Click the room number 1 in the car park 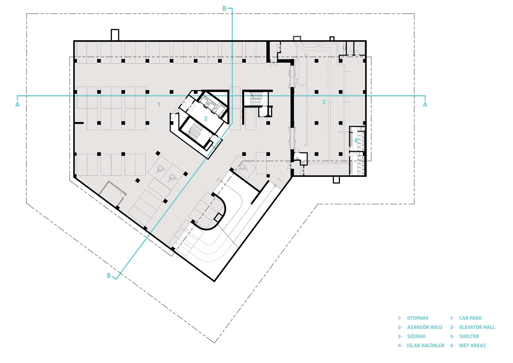click(x=159, y=104)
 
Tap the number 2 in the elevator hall click(x=206, y=119)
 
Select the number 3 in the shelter click(x=324, y=102)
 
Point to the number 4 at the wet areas click(x=356, y=141)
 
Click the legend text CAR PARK click(x=470, y=318)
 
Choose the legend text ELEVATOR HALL click(x=477, y=327)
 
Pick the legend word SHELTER click(x=469, y=336)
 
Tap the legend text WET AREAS click(x=472, y=346)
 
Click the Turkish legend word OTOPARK click(x=418, y=318)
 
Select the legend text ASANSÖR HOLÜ click(x=425, y=327)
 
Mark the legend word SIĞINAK click(x=416, y=336)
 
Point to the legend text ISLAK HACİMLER click(x=426, y=346)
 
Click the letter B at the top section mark click(x=224, y=9)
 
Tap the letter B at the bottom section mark click(x=109, y=276)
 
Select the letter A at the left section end click(x=17, y=104)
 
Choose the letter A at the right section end click(x=425, y=104)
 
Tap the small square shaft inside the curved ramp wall click(x=218, y=218)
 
